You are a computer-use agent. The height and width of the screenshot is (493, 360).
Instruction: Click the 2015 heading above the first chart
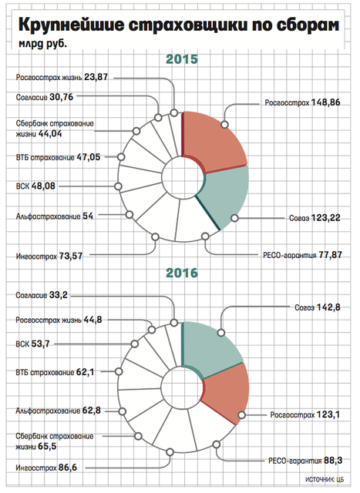point(182,59)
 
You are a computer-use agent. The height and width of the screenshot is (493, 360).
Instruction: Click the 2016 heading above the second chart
point(182,273)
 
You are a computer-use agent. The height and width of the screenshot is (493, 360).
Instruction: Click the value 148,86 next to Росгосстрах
point(326,102)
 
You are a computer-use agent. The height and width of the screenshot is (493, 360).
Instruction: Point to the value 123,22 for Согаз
point(326,218)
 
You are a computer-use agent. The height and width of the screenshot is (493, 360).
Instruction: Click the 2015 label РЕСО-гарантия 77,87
point(302,255)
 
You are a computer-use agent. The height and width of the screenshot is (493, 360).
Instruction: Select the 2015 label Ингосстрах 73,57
point(49,257)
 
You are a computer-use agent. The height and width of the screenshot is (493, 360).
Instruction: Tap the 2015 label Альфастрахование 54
point(55,216)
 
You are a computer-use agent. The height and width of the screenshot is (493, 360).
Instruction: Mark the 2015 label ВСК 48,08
point(35,186)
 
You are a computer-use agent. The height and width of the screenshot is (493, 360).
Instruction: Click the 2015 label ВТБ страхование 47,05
point(59,157)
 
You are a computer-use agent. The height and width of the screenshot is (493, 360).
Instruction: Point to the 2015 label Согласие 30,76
point(45,97)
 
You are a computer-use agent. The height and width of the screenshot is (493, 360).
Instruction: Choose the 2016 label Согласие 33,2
point(42,295)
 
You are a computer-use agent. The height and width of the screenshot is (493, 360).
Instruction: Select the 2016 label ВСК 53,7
point(32,344)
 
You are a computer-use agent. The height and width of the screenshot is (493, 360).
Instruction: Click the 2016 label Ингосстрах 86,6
point(46,468)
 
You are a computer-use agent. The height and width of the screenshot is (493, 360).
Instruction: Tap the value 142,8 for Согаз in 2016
point(328,307)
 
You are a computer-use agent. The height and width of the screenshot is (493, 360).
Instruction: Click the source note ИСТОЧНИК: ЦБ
point(325,479)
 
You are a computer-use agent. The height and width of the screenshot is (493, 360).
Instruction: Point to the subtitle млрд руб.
point(43,44)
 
